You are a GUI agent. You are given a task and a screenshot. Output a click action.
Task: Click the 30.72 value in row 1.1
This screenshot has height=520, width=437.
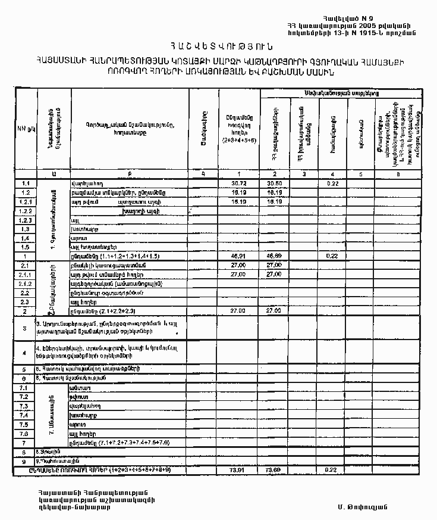click(238, 183)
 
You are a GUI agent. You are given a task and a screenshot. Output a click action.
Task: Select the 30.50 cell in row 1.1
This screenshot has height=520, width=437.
click(274, 183)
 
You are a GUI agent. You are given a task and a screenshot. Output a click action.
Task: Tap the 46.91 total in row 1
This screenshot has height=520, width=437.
click(238, 256)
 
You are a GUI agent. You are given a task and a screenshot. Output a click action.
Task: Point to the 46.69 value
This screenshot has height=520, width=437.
click(274, 256)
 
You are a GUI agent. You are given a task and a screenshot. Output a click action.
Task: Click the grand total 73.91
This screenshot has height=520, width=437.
click(238, 471)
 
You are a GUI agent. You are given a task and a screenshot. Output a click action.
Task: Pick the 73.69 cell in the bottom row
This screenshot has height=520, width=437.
click(274, 471)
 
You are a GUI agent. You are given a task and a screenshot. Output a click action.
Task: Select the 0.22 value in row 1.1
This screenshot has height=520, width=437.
click(332, 183)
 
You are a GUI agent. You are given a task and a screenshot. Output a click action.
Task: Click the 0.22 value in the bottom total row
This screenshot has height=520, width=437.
click(332, 471)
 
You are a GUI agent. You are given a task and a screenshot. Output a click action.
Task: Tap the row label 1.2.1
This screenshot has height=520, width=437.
click(25, 202)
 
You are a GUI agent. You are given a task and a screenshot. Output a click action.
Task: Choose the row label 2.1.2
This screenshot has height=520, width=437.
click(25, 284)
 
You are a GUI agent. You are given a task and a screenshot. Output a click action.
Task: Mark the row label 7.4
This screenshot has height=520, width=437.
click(25, 415)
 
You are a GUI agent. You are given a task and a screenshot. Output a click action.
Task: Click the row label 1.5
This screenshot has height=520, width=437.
click(25, 247)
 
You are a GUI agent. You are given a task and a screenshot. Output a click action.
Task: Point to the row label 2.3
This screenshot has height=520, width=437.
click(25, 302)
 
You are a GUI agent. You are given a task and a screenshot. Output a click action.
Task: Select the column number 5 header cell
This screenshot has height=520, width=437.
click(361, 175)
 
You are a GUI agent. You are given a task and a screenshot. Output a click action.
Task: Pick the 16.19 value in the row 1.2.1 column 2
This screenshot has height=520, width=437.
click(274, 202)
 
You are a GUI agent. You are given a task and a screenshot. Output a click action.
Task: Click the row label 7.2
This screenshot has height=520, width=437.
click(25, 397)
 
